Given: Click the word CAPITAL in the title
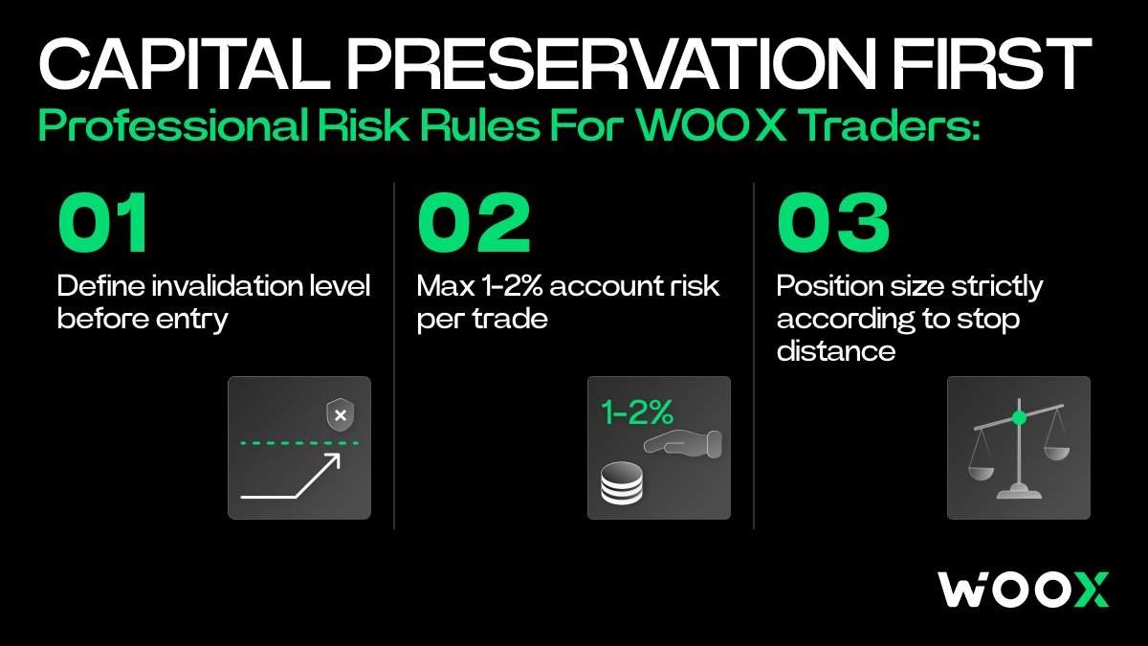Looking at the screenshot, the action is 184,64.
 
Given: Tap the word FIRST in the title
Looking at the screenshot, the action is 993,64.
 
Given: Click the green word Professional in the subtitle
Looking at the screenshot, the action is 173,125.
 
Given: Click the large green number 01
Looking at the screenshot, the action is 103,222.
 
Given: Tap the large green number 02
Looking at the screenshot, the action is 475,222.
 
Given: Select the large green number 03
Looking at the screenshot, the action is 833,222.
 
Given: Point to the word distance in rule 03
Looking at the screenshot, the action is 836,351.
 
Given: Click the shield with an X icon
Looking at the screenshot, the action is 341,415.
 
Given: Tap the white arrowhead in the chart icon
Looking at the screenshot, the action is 332,461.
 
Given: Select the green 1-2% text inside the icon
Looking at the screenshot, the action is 637,412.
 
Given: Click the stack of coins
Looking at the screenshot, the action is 622,483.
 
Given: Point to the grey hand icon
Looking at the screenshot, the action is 683,444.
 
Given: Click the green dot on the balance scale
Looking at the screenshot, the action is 1020,418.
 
